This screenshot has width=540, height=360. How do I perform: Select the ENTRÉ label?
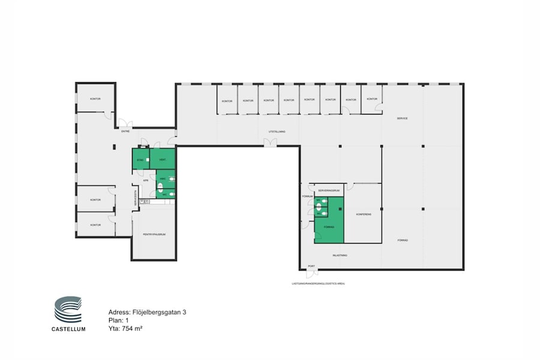pos(125,131)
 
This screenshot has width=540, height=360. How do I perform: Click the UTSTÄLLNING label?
pos(276,131)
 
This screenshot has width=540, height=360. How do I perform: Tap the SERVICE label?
pos(402,118)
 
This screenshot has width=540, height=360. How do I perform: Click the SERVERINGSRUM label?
pos(329,190)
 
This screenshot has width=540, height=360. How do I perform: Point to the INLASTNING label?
pos(340,255)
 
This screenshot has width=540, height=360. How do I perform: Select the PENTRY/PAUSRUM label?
pos(154,234)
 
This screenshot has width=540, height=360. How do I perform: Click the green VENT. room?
pos(163,160)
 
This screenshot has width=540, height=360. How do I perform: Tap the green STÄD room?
pos(140,160)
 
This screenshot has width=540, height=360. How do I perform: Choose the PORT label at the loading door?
pos(311,266)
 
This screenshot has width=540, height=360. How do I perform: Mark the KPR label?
pos(145,180)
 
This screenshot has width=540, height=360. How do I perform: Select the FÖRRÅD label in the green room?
pos(329,227)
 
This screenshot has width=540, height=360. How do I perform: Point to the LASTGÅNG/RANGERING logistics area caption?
pos(319,283)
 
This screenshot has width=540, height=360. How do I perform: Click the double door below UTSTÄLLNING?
pos(271,142)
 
